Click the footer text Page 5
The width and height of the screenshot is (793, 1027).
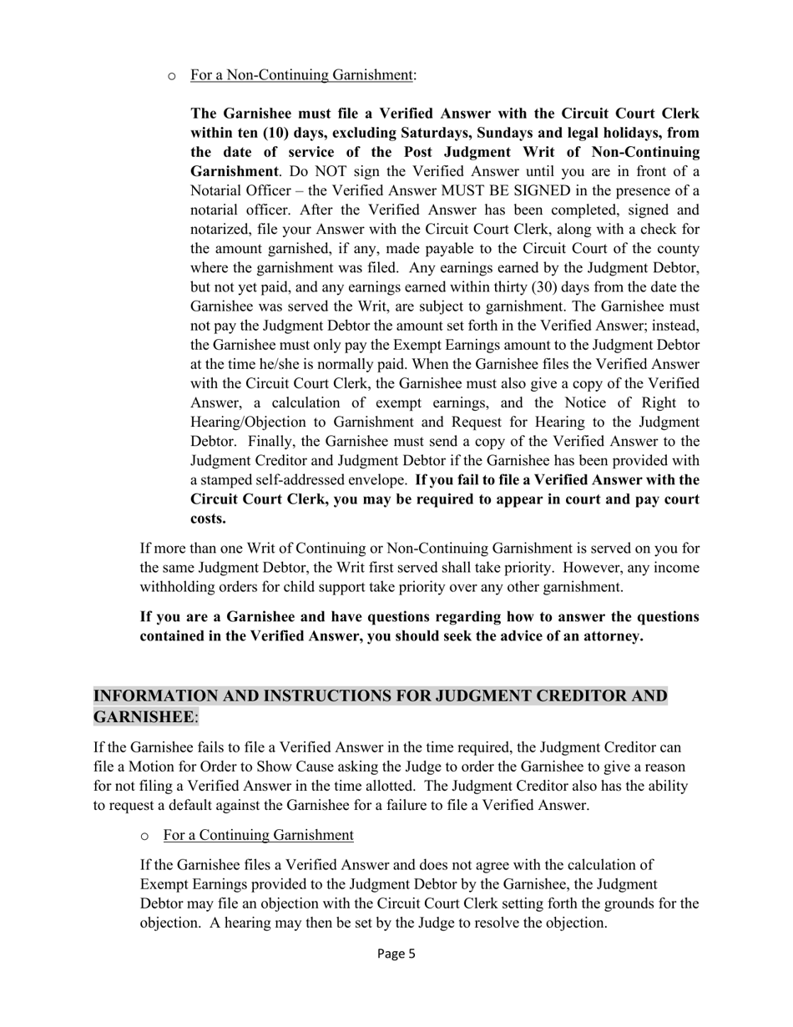click(396, 954)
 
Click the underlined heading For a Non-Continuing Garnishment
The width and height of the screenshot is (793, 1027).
click(301, 75)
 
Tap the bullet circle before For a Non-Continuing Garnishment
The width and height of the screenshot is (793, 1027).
click(172, 77)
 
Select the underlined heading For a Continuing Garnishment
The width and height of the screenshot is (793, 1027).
click(258, 835)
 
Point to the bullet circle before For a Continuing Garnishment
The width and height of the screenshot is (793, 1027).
click(145, 837)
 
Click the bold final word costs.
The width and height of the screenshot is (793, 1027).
click(208, 519)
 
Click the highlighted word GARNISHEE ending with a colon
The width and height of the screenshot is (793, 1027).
click(144, 717)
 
